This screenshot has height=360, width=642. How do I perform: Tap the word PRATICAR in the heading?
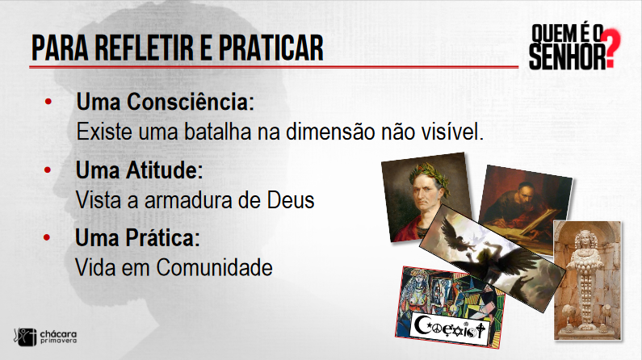pos(271,48)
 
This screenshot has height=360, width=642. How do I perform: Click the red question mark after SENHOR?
pos(613,48)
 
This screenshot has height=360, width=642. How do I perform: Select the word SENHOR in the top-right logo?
pos(568,56)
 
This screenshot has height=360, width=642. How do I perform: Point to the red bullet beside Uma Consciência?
pos(48,101)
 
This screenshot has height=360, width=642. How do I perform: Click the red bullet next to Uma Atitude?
pos(48,170)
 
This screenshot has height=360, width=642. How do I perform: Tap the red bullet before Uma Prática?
pos(47,237)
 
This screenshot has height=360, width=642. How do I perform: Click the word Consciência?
pos(191,102)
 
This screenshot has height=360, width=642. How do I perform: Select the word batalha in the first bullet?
pos(217,132)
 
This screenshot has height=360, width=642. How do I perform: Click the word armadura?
pos(188,200)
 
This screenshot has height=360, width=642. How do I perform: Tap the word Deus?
pos(291,200)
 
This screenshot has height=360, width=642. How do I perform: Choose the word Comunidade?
pos(215,268)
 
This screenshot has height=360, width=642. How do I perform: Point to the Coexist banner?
pos(451,328)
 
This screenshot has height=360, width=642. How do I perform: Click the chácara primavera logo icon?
pos(25,337)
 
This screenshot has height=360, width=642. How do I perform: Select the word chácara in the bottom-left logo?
pos(58,335)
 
